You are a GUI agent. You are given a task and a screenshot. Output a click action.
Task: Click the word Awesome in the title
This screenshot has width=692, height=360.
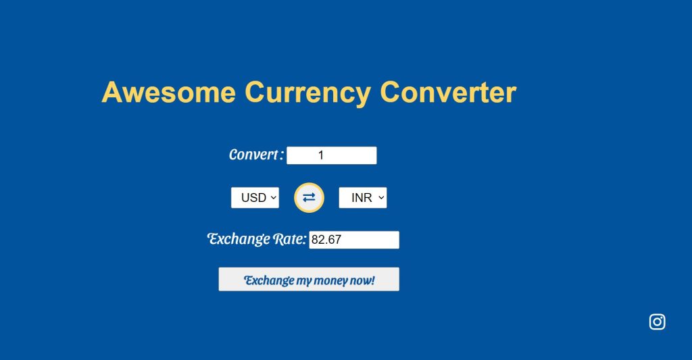pyautogui.click(x=168, y=92)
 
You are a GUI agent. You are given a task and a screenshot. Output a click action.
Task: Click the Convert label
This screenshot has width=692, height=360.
pyautogui.click(x=255, y=155)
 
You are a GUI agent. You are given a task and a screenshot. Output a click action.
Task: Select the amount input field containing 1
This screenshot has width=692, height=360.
pyautogui.click(x=331, y=155)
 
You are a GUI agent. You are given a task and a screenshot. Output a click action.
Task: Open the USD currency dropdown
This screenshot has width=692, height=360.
pyautogui.click(x=255, y=198)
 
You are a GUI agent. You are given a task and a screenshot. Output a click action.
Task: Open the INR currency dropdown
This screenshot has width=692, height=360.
pyautogui.click(x=362, y=198)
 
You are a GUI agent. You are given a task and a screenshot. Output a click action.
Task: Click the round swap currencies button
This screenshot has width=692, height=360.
pyautogui.click(x=309, y=197)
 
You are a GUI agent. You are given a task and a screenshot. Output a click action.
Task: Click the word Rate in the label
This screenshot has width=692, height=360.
pyautogui.click(x=290, y=239)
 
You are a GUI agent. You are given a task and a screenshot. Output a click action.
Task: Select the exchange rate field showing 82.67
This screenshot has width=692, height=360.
pyautogui.click(x=354, y=240)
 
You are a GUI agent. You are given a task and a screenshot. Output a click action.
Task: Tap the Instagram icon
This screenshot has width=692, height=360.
pyautogui.click(x=657, y=322)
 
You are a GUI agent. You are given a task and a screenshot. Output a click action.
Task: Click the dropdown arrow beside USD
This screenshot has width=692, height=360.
pyautogui.click(x=273, y=198)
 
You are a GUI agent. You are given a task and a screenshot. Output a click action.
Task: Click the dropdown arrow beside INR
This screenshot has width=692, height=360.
pyautogui.click(x=381, y=198)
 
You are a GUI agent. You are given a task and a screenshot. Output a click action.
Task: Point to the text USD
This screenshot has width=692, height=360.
pyautogui.click(x=253, y=198)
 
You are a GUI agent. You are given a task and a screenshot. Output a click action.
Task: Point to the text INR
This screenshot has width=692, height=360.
pyautogui.click(x=362, y=198)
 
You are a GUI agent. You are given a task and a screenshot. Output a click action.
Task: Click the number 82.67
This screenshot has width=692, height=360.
pyautogui.click(x=326, y=240)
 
